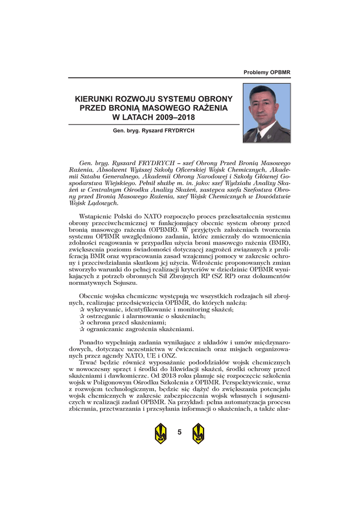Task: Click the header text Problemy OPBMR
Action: point(267,72)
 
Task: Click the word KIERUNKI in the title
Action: point(96,99)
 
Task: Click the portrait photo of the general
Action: point(266,113)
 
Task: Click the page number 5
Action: point(179,433)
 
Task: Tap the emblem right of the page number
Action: point(198,434)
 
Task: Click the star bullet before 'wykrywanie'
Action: point(82,309)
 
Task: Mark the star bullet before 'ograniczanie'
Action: point(82,329)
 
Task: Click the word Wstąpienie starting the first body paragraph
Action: point(96,216)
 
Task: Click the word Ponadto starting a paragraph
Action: point(93,343)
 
